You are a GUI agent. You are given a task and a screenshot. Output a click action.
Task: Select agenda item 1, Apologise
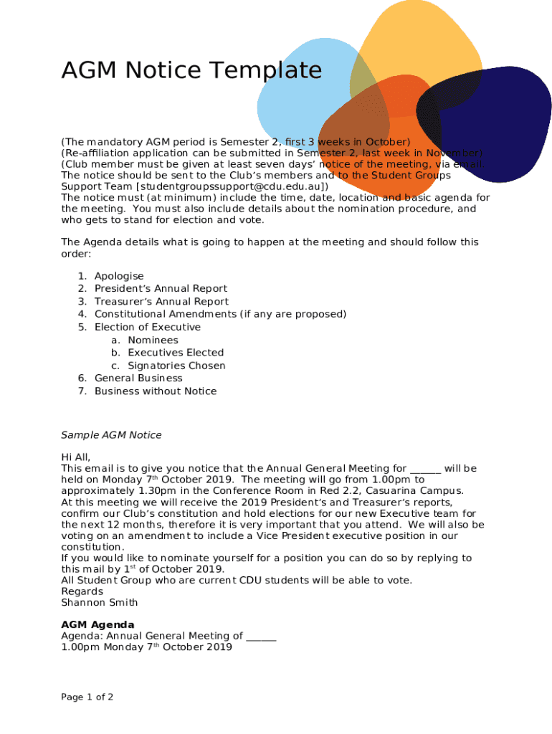pyautogui.click(x=119, y=276)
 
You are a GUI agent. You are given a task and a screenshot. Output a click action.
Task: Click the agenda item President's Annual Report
pyautogui.click(x=161, y=289)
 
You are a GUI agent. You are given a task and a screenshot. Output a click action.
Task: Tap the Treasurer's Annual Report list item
pyautogui.click(x=161, y=302)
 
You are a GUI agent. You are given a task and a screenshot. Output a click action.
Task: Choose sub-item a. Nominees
pyautogui.click(x=153, y=340)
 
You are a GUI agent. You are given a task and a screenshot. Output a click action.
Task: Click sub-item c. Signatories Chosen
pyautogui.click(x=176, y=366)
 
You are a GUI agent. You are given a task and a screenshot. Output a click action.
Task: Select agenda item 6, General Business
pyautogui.click(x=138, y=378)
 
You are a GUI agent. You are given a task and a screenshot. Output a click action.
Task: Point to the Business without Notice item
pyautogui.click(x=155, y=391)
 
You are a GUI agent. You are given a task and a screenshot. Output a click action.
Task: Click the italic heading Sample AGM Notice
pyautogui.click(x=111, y=435)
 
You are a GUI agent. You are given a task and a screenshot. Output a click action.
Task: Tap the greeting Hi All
pyautogui.click(x=76, y=457)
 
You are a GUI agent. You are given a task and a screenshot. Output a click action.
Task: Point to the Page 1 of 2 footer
pyautogui.click(x=87, y=697)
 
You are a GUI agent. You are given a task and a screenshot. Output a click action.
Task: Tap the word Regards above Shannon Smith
pyautogui.click(x=82, y=591)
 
